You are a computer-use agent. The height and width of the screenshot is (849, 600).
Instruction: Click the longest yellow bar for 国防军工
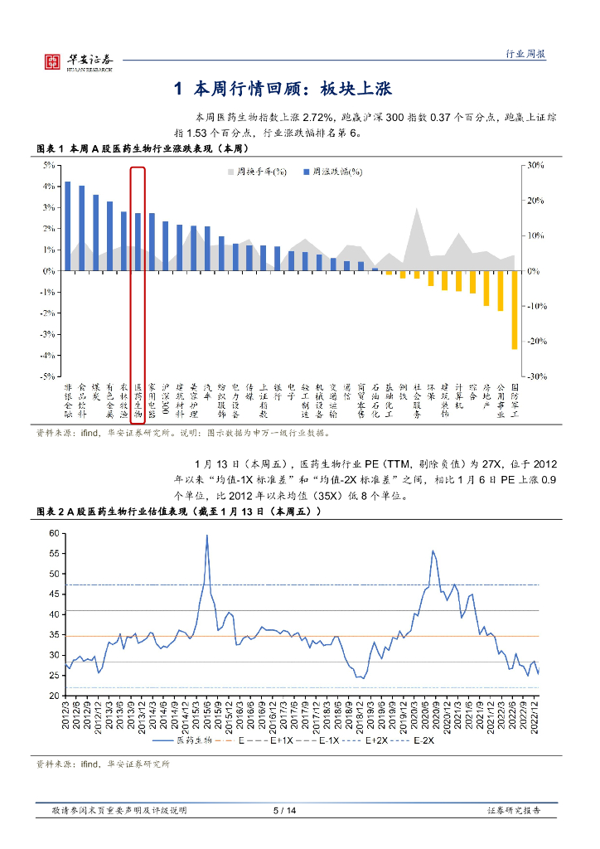coord(514,310)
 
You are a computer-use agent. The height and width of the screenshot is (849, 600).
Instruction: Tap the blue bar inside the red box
coord(138,241)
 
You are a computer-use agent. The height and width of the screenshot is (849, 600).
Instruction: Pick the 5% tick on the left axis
coord(48,166)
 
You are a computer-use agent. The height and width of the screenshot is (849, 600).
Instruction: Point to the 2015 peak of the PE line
coord(206,536)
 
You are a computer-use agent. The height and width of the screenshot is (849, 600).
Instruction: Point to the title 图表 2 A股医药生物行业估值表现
coord(178,512)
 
